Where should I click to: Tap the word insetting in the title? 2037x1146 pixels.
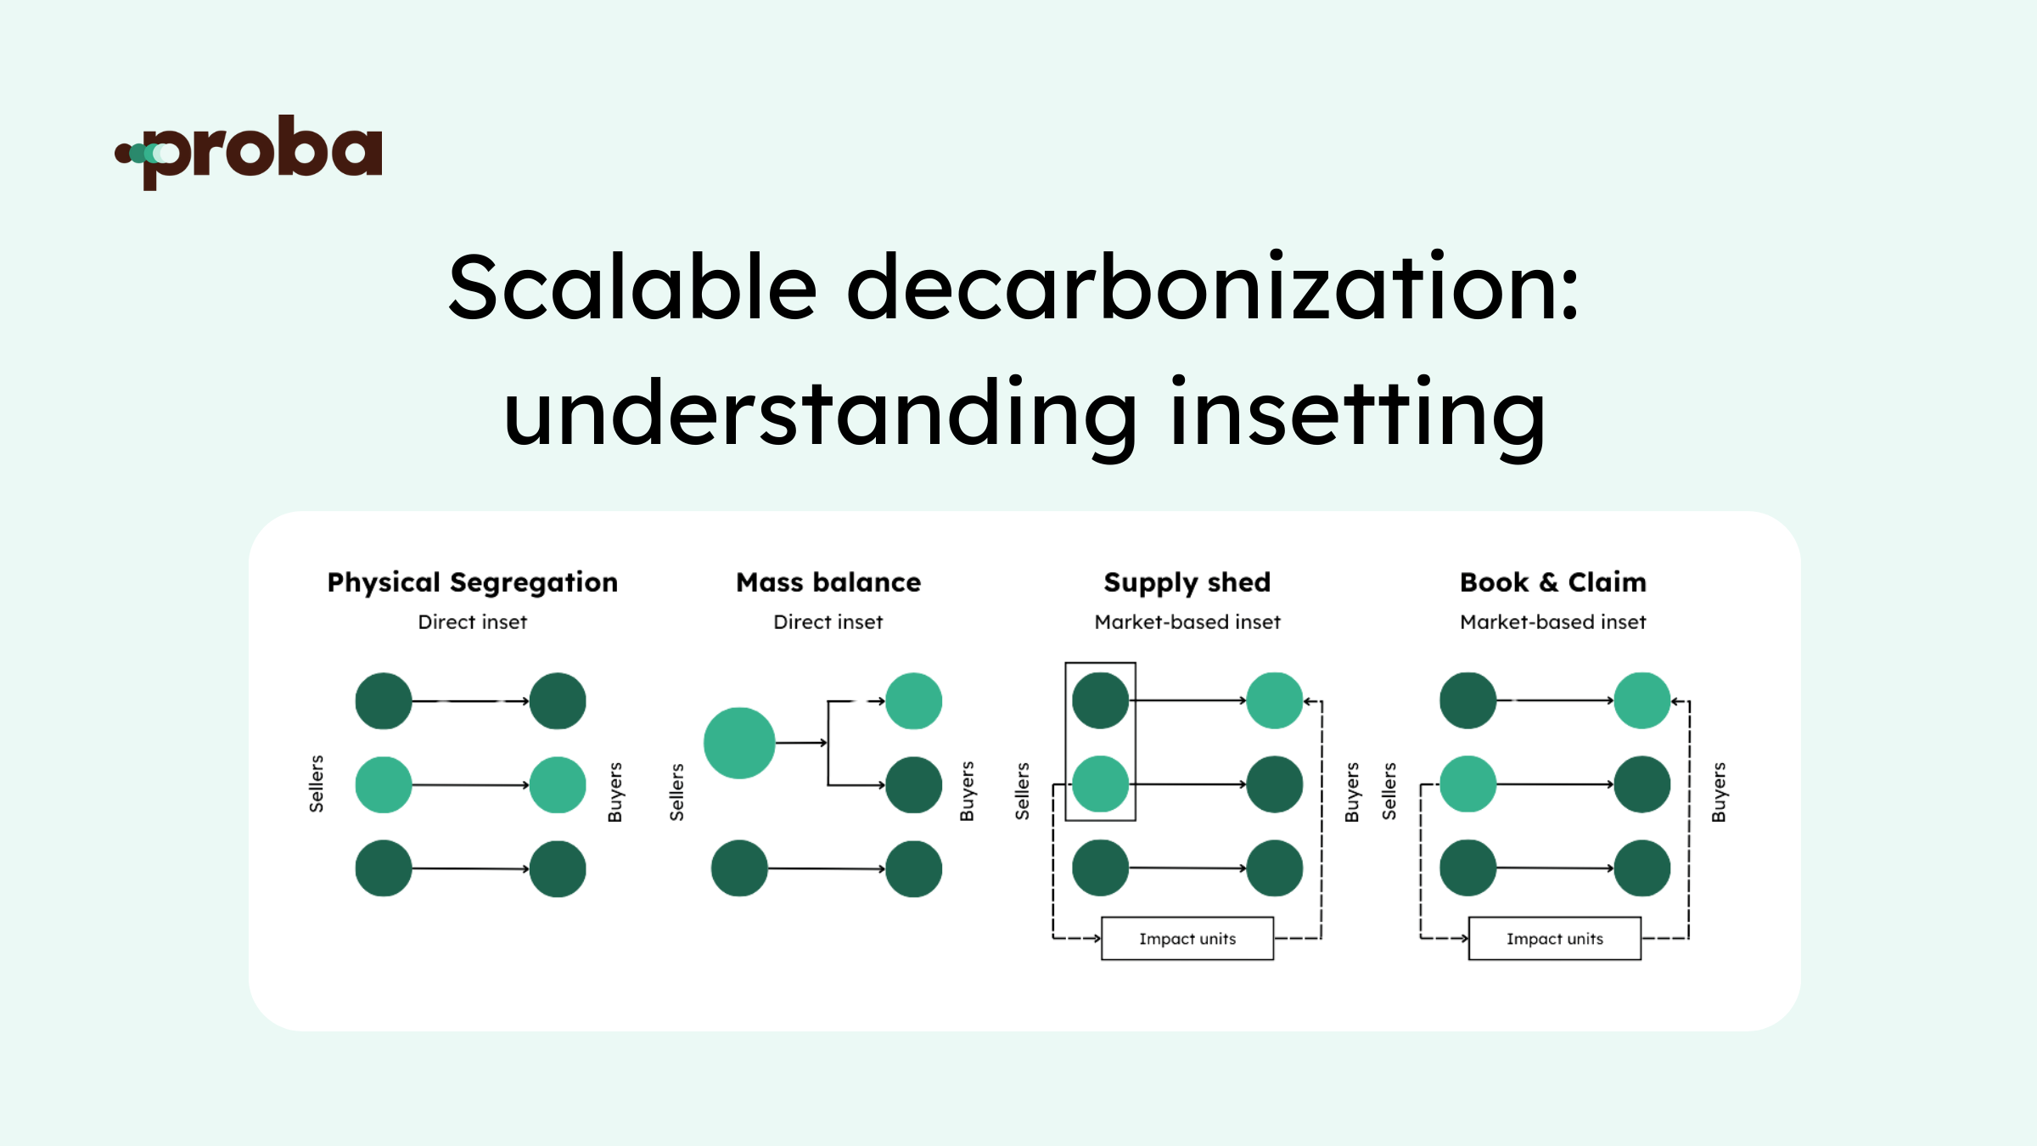(1358, 414)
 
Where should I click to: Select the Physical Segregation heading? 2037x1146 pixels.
(473, 582)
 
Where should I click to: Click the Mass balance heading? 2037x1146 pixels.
(828, 582)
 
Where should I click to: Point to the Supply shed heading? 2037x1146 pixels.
(1187, 582)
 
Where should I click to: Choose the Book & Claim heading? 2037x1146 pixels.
(1553, 582)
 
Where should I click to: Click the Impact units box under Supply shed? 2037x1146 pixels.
(1187, 939)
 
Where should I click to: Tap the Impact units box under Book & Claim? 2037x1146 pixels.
(1555, 939)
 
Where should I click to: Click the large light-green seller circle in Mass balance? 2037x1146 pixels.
(739, 743)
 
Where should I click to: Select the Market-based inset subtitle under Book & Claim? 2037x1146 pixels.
(1553, 622)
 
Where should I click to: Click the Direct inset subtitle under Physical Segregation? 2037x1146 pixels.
(473, 622)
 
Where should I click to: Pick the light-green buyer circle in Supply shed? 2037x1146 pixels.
(1274, 700)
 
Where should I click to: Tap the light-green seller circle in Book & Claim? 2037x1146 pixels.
(1468, 784)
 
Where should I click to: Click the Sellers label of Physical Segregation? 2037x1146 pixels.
(317, 784)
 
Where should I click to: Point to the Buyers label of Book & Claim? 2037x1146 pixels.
(1719, 792)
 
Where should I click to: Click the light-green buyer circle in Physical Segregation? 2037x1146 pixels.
(558, 785)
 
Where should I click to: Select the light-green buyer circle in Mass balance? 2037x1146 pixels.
(913, 701)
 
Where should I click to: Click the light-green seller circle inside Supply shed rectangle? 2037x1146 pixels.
(1101, 784)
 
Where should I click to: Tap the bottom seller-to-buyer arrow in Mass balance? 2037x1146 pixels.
(826, 868)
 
